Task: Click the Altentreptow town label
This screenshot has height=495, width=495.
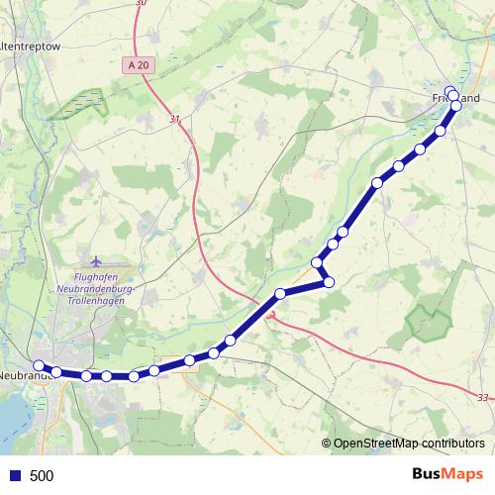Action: pos(31,46)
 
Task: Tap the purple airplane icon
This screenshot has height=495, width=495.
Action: pos(95,260)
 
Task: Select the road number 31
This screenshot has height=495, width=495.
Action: pos(174,119)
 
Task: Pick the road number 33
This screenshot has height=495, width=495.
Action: pos(481,398)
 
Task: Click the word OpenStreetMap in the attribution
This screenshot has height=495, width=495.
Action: pos(377,444)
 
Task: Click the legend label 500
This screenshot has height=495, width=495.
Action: pos(42,475)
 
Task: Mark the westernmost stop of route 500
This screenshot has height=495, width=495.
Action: pos(39,365)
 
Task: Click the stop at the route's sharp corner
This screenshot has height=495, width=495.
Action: pos(330,282)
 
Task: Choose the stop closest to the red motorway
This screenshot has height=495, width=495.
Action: pos(280,293)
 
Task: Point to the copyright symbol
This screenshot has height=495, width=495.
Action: pos(326,444)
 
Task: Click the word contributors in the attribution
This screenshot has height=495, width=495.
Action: pos(452,444)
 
